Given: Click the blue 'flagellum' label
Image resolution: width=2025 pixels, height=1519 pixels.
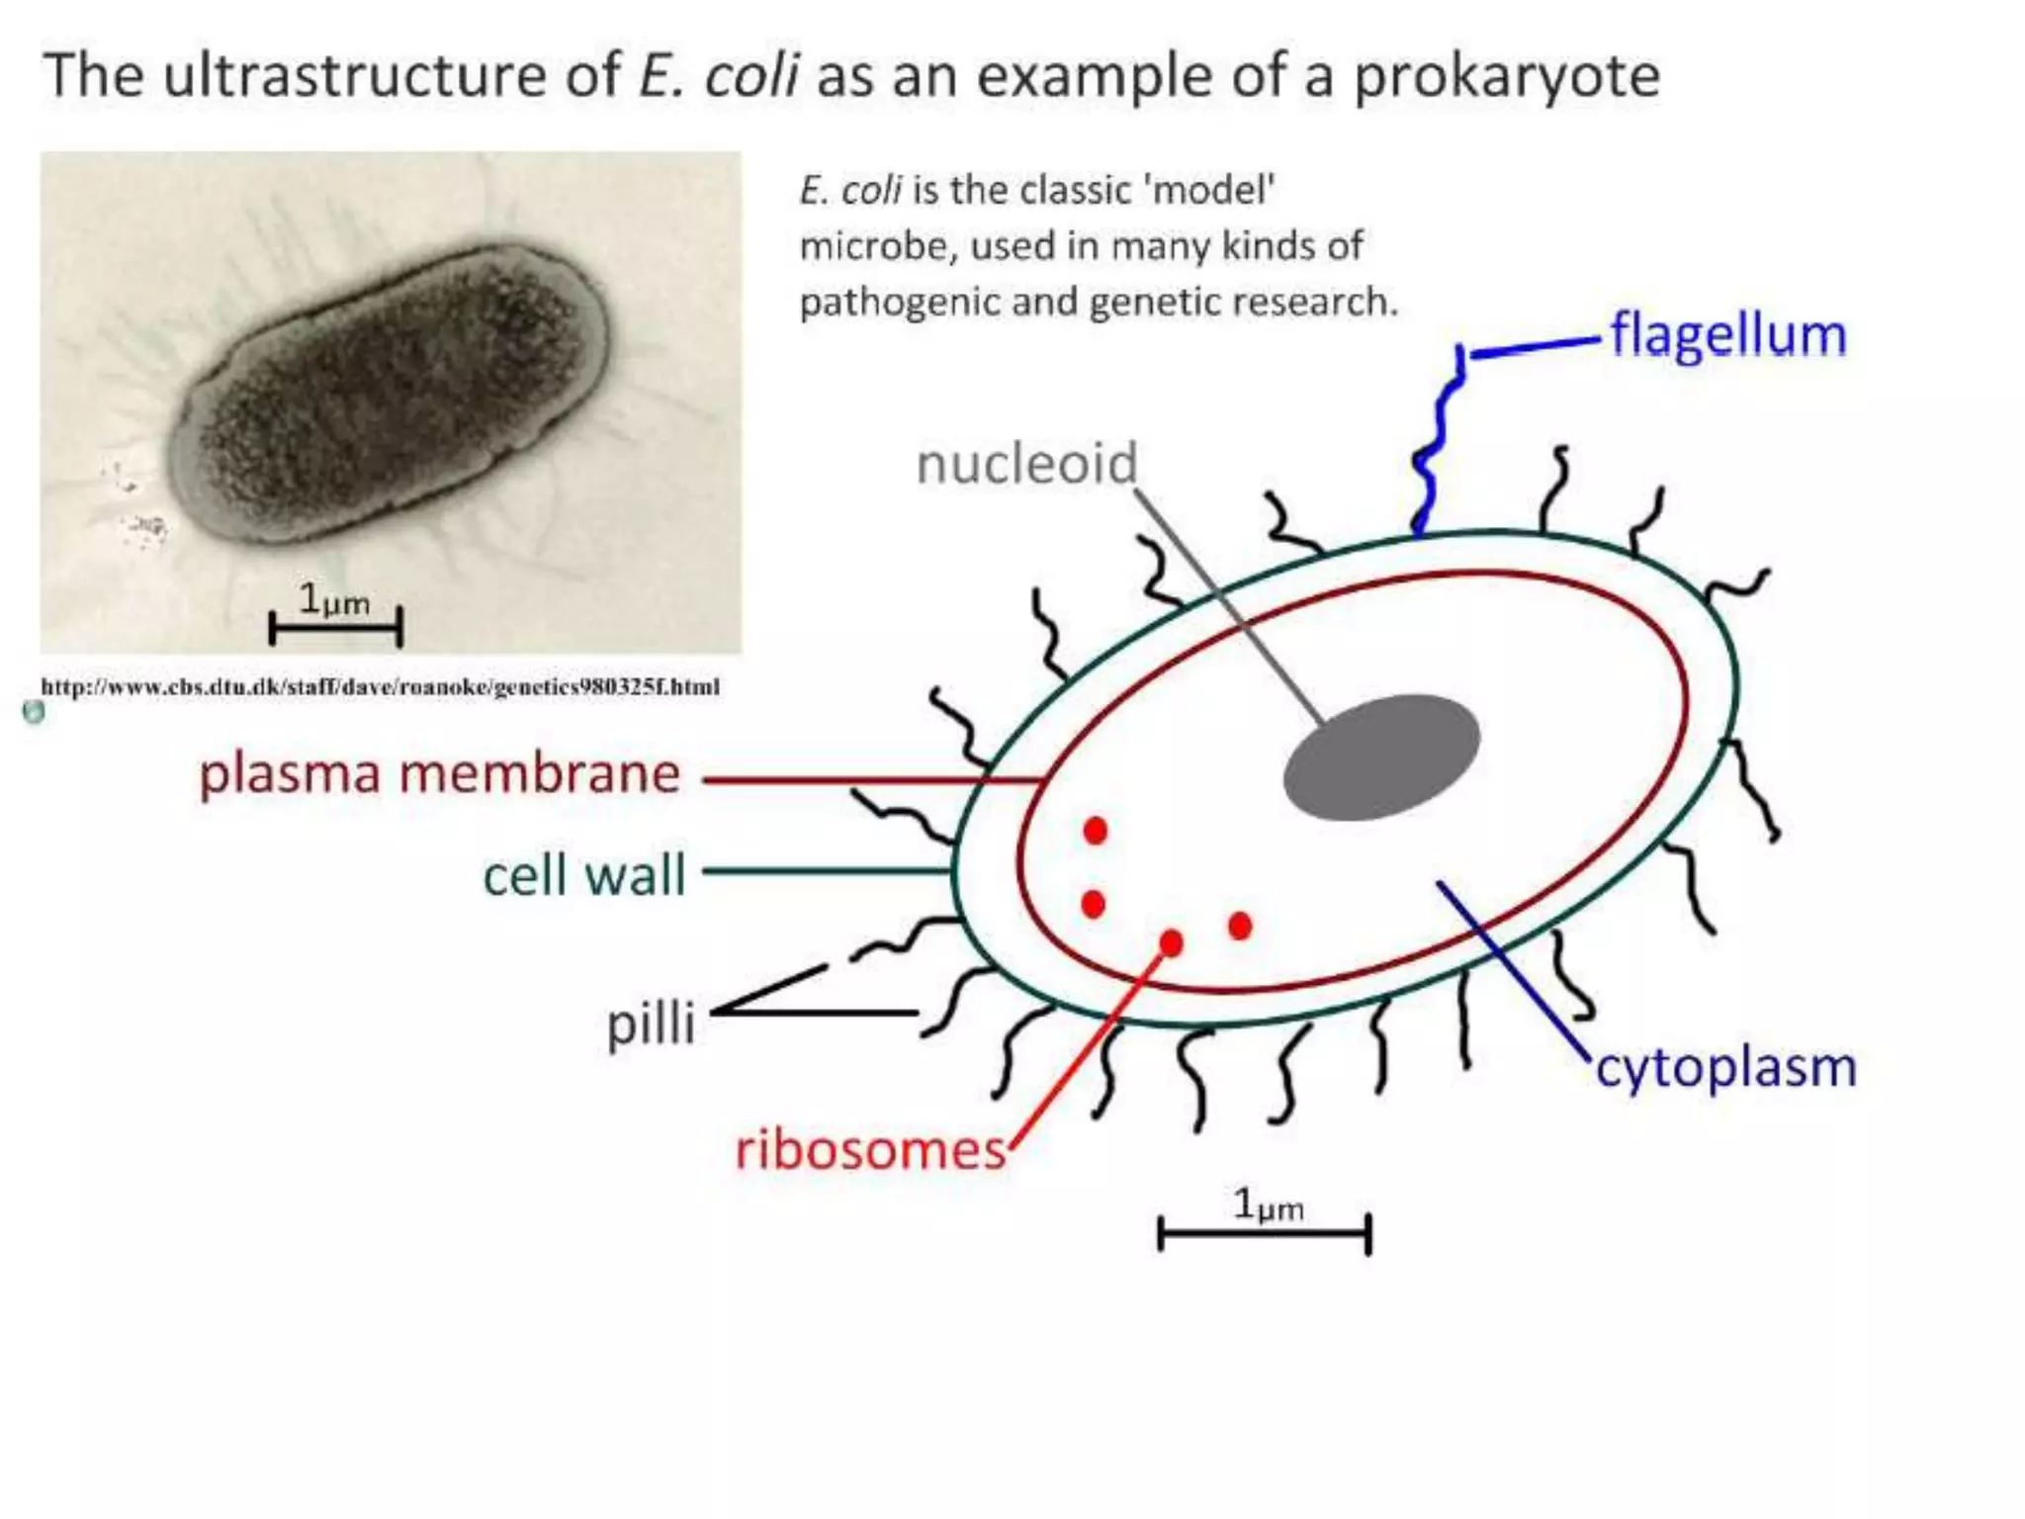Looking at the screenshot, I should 1727,336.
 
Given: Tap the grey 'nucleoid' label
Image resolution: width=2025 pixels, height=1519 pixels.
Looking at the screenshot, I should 1026,464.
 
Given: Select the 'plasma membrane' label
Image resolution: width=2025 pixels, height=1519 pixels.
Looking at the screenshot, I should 439,774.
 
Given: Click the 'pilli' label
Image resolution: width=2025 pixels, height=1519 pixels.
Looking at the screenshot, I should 651,1023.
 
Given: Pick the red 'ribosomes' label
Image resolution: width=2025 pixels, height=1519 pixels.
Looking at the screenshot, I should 870,1150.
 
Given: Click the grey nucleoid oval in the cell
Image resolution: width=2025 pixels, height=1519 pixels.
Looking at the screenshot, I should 1380,758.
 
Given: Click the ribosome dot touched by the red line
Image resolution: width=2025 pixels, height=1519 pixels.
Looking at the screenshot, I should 1172,943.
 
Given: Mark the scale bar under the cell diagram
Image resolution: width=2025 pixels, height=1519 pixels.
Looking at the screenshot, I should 1264,1233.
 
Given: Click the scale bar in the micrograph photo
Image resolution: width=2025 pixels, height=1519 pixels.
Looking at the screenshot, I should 335,626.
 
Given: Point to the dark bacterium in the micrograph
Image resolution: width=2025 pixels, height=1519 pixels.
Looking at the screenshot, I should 391,396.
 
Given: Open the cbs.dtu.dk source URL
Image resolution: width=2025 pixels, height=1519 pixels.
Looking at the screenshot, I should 380,686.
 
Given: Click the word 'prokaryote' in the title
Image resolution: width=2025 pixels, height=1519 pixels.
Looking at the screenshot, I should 1506,77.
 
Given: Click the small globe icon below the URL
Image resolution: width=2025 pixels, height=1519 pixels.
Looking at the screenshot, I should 34,712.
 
